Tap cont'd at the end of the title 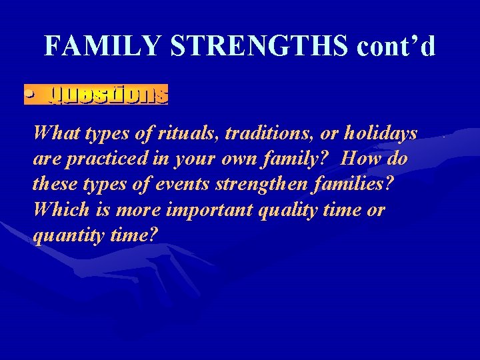click(x=396, y=46)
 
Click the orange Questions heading click(x=108, y=95)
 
